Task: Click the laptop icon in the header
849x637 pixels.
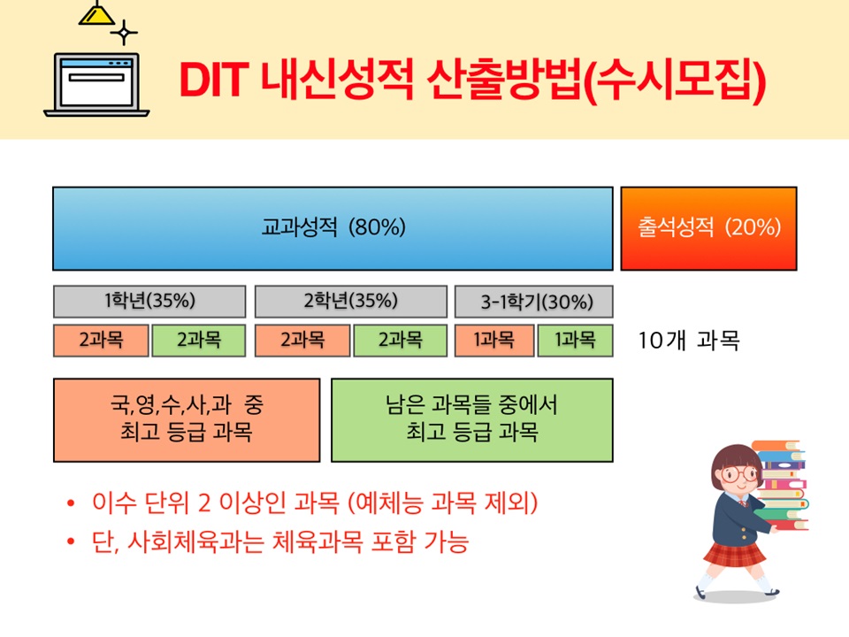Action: point(96,85)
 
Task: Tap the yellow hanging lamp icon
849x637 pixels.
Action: point(97,13)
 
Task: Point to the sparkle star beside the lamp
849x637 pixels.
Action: point(124,33)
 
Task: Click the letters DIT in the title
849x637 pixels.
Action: point(213,81)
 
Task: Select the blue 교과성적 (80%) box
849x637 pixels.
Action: point(333,228)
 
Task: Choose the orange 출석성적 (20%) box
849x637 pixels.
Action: point(708,228)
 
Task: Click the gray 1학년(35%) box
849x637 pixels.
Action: point(149,301)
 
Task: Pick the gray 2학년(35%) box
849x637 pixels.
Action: point(351,301)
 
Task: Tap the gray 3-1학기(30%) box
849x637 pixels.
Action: point(534,301)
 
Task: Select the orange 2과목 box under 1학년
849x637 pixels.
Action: point(101,340)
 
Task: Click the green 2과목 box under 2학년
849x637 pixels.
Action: point(400,340)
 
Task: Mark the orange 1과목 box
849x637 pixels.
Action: point(494,340)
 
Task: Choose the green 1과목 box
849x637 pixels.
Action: point(575,340)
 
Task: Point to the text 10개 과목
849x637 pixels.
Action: point(689,341)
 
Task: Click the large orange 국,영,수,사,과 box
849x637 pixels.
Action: point(187,420)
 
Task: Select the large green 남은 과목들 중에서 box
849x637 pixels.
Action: point(472,420)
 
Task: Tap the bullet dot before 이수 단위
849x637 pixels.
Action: point(71,503)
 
